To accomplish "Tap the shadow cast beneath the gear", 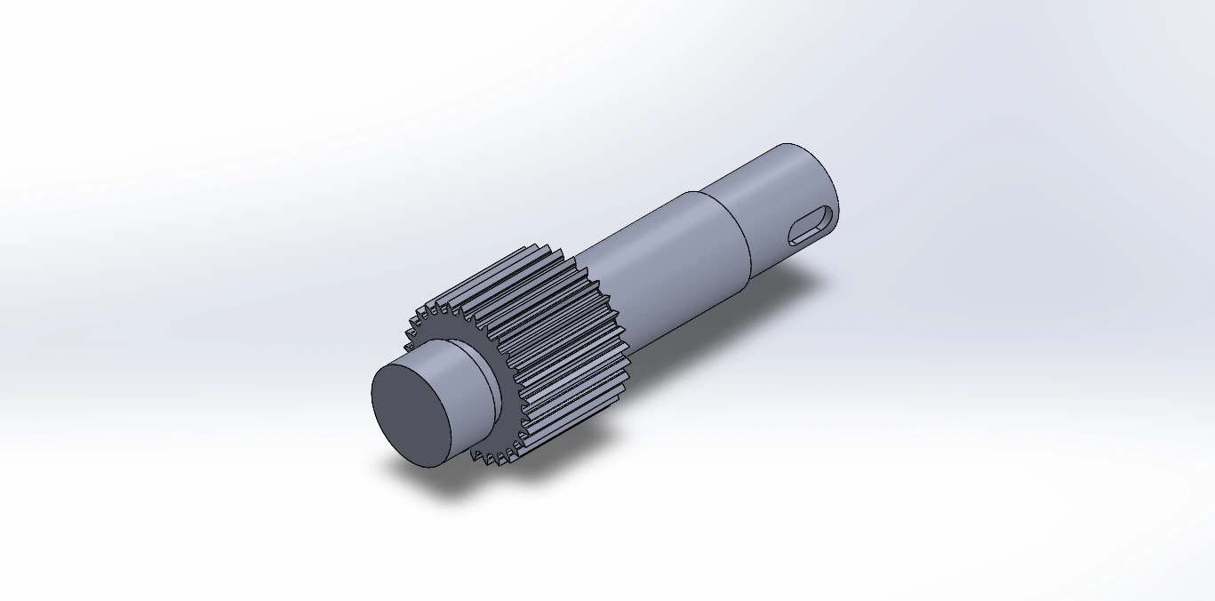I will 569,445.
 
